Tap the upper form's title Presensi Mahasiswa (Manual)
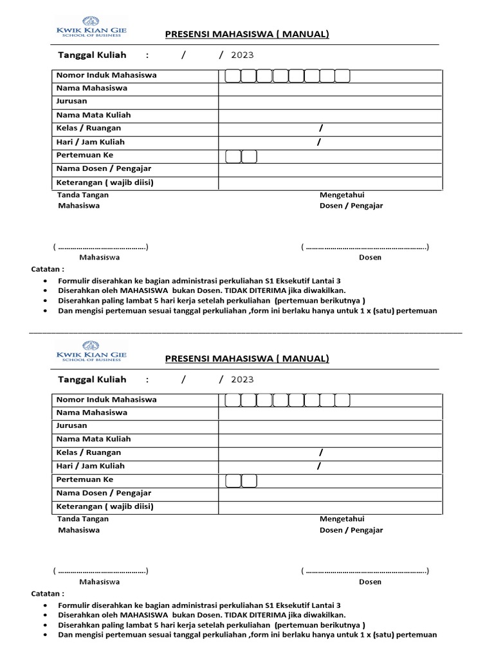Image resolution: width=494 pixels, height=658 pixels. pyautogui.click(x=247, y=34)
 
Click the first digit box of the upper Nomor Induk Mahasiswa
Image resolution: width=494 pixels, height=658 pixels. pyautogui.click(x=233, y=76)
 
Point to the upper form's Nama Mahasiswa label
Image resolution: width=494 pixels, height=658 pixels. pyautogui.click(x=92, y=88)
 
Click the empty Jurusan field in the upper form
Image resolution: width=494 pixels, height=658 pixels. pyautogui.click(x=330, y=102)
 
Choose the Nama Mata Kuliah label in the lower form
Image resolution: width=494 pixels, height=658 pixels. pyautogui.click(x=94, y=439)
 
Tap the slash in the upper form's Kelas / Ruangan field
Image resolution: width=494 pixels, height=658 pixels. pyautogui.click(x=320, y=128)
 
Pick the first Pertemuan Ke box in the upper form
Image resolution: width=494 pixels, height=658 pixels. pyautogui.click(x=233, y=156)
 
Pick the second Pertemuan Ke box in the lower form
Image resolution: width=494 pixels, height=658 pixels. pyautogui.click(x=249, y=481)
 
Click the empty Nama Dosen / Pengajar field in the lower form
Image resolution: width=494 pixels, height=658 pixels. pyautogui.click(x=330, y=493)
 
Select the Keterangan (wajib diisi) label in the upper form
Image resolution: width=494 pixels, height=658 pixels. pyautogui.click(x=105, y=182)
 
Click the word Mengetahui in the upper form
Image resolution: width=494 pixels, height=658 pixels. pyautogui.click(x=342, y=195)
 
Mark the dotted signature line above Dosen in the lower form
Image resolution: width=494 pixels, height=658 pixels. pyautogui.click(x=365, y=571)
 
